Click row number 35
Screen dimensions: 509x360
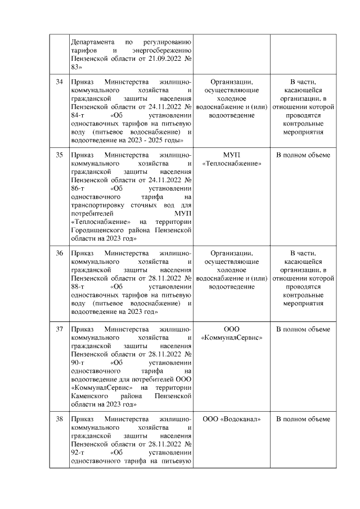[59, 155]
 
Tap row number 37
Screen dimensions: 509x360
[59, 329]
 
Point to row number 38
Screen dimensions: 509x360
[59, 419]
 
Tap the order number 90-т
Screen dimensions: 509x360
[78, 363]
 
